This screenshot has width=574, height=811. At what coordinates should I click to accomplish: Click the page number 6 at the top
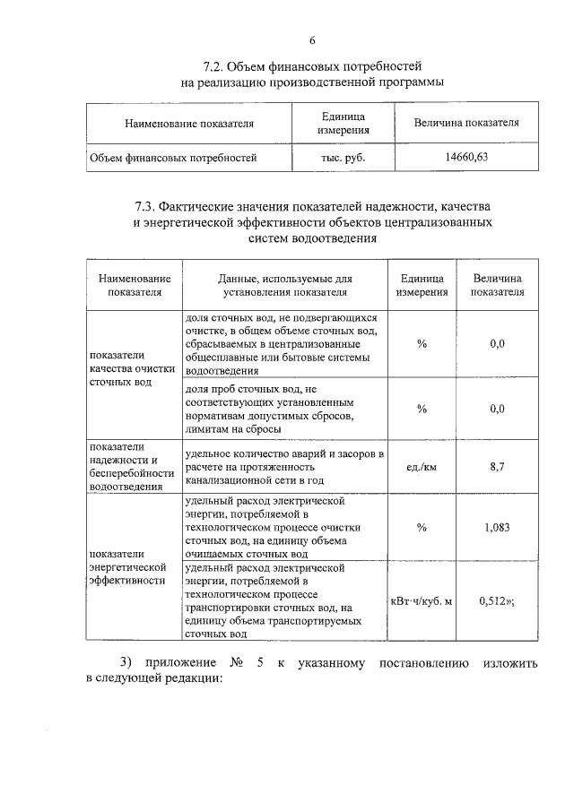(x=312, y=40)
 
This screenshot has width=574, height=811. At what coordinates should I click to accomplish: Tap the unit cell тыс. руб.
(x=344, y=159)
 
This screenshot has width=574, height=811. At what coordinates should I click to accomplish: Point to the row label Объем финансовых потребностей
(x=173, y=159)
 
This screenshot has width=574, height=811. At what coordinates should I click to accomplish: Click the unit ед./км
(x=422, y=467)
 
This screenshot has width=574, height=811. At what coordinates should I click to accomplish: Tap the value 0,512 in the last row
(x=493, y=600)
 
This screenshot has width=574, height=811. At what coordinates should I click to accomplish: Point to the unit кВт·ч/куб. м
(x=422, y=600)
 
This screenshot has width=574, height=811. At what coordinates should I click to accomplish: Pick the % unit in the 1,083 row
(x=422, y=527)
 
